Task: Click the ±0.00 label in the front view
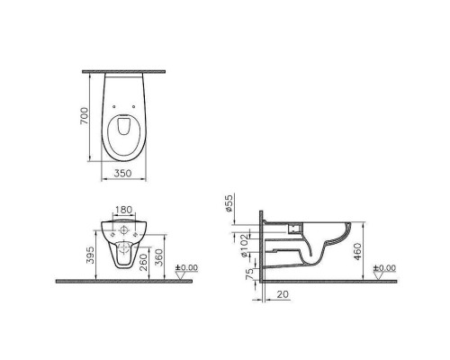pyautogui.click(x=186, y=266)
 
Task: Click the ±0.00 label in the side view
pyautogui.click(x=386, y=267)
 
